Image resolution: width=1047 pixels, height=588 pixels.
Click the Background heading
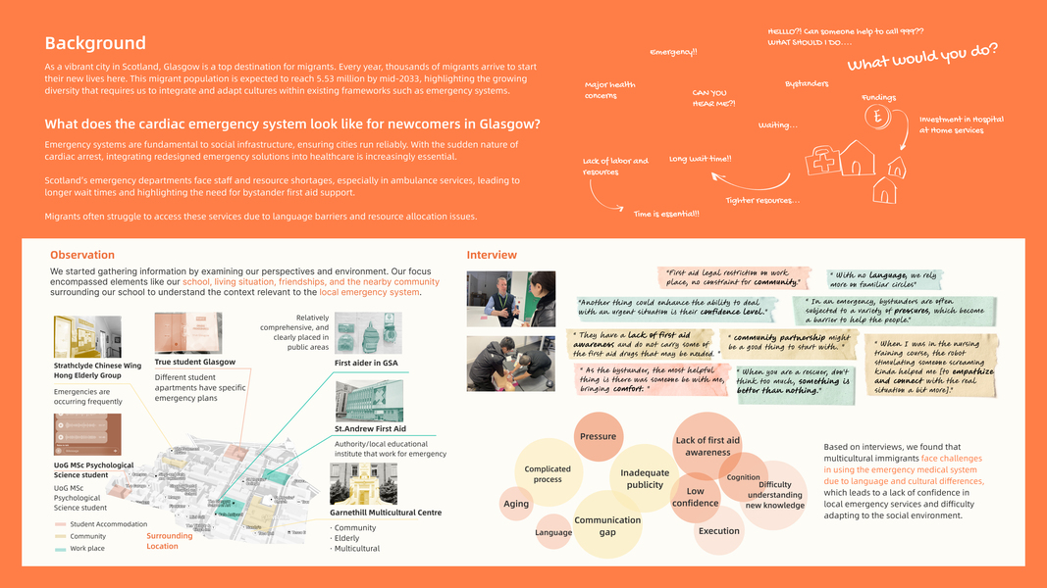click(95, 43)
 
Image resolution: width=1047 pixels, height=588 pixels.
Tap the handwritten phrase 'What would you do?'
click(922, 57)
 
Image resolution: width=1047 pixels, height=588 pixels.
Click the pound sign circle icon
click(878, 117)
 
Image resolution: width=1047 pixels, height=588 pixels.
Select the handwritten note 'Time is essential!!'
click(666, 214)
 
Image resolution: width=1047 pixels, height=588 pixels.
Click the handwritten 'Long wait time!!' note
click(700, 159)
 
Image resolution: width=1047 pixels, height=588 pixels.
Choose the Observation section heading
click(82, 255)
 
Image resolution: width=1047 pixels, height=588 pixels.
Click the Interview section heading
click(492, 255)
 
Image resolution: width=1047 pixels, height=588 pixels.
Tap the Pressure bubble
click(598, 437)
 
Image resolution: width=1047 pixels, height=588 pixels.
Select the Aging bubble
click(516, 504)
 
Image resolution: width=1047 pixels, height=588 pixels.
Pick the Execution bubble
click(719, 531)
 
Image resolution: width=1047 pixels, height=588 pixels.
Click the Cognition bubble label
click(744, 477)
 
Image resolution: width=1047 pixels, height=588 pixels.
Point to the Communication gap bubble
click(607, 526)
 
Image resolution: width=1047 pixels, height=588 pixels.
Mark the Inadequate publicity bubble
click(645, 478)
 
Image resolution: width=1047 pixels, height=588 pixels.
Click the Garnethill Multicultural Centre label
click(386, 513)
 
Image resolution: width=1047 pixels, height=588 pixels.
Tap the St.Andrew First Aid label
click(370, 429)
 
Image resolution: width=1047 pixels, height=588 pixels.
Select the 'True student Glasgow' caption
click(195, 362)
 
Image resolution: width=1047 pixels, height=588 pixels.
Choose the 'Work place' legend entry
click(88, 548)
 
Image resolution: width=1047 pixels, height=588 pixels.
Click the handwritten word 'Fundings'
click(879, 98)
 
